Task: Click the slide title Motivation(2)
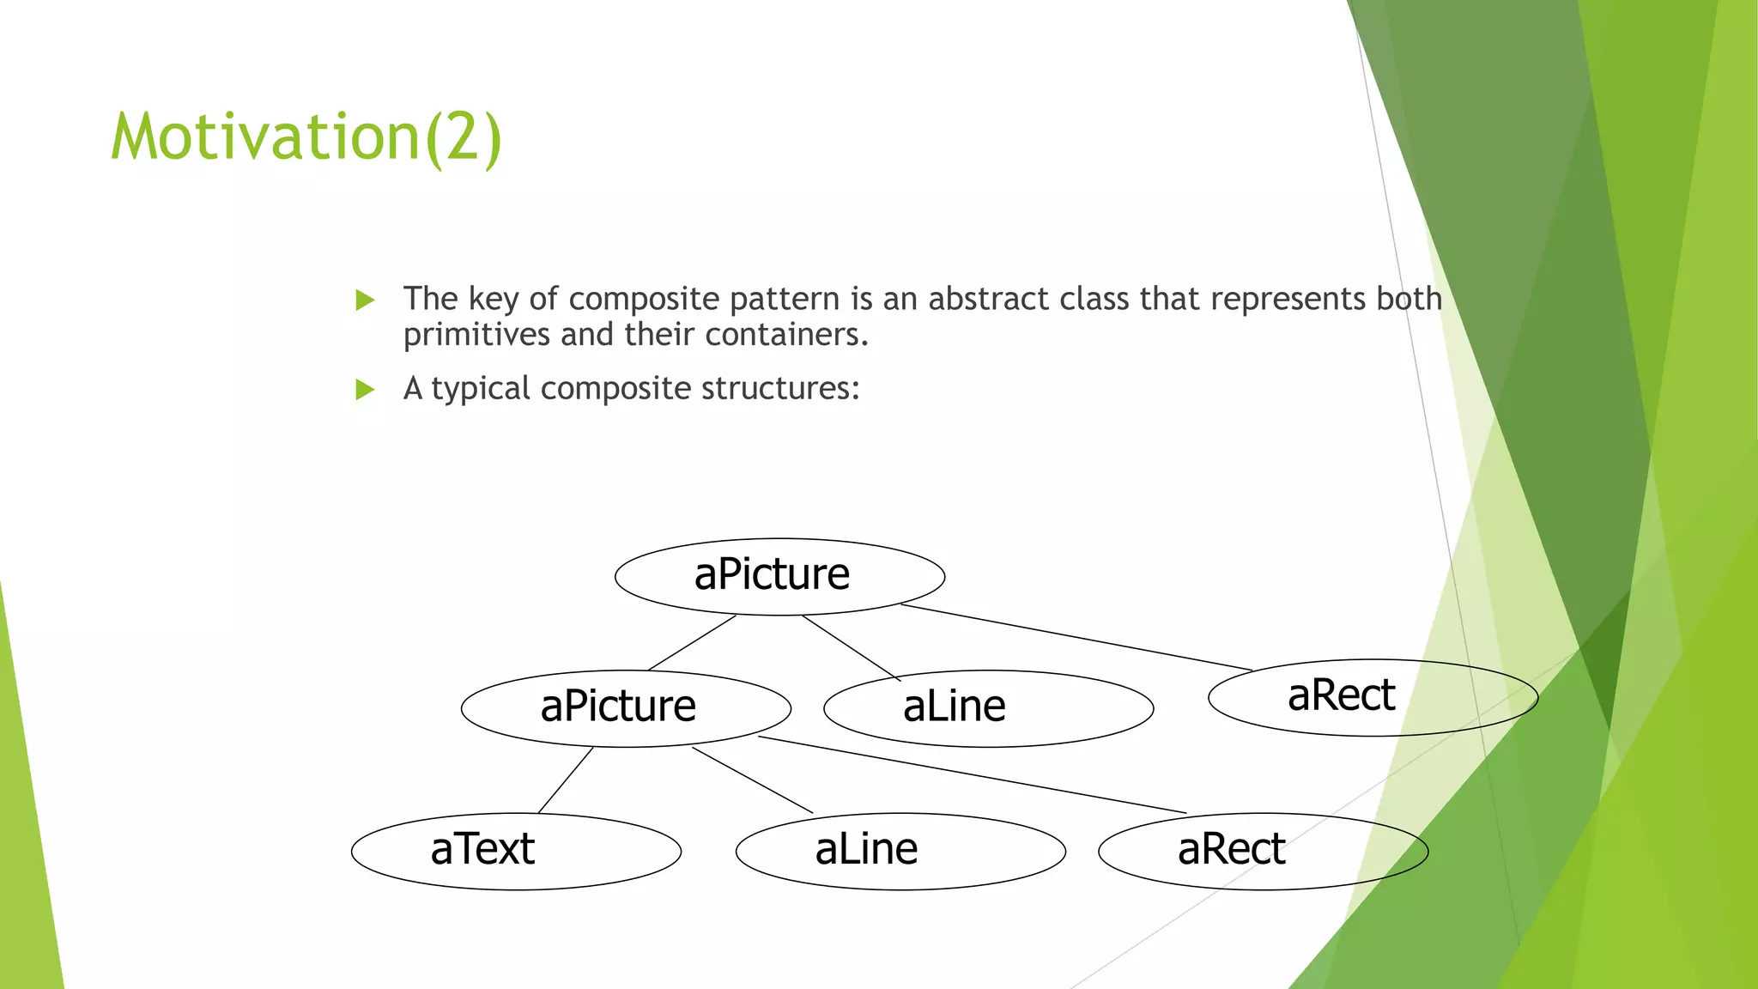[x=306, y=137]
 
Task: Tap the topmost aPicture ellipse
[x=779, y=576]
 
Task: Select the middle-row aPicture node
[x=626, y=708]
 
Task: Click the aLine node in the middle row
[x=988, y=708]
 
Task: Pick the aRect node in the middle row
[x=1373, y=697]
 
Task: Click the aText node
[x=516, y=851]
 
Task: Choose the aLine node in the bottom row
[x=900, y=851]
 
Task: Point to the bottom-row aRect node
[x=1263, y=851]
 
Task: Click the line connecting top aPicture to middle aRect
[x=1076, y=637]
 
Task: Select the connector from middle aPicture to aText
[x=566, y=780]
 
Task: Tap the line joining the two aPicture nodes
[x=692, y=643]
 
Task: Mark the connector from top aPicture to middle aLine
[x=851, y=647]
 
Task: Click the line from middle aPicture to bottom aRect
[x=972, y=774]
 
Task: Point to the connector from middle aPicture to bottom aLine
[x=752, y=780]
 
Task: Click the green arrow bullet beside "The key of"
[x=366, y=300]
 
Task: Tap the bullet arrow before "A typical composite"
[x=366, y=390]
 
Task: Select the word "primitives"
[x=477, y=335]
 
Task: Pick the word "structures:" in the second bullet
[x=780, y=389]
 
